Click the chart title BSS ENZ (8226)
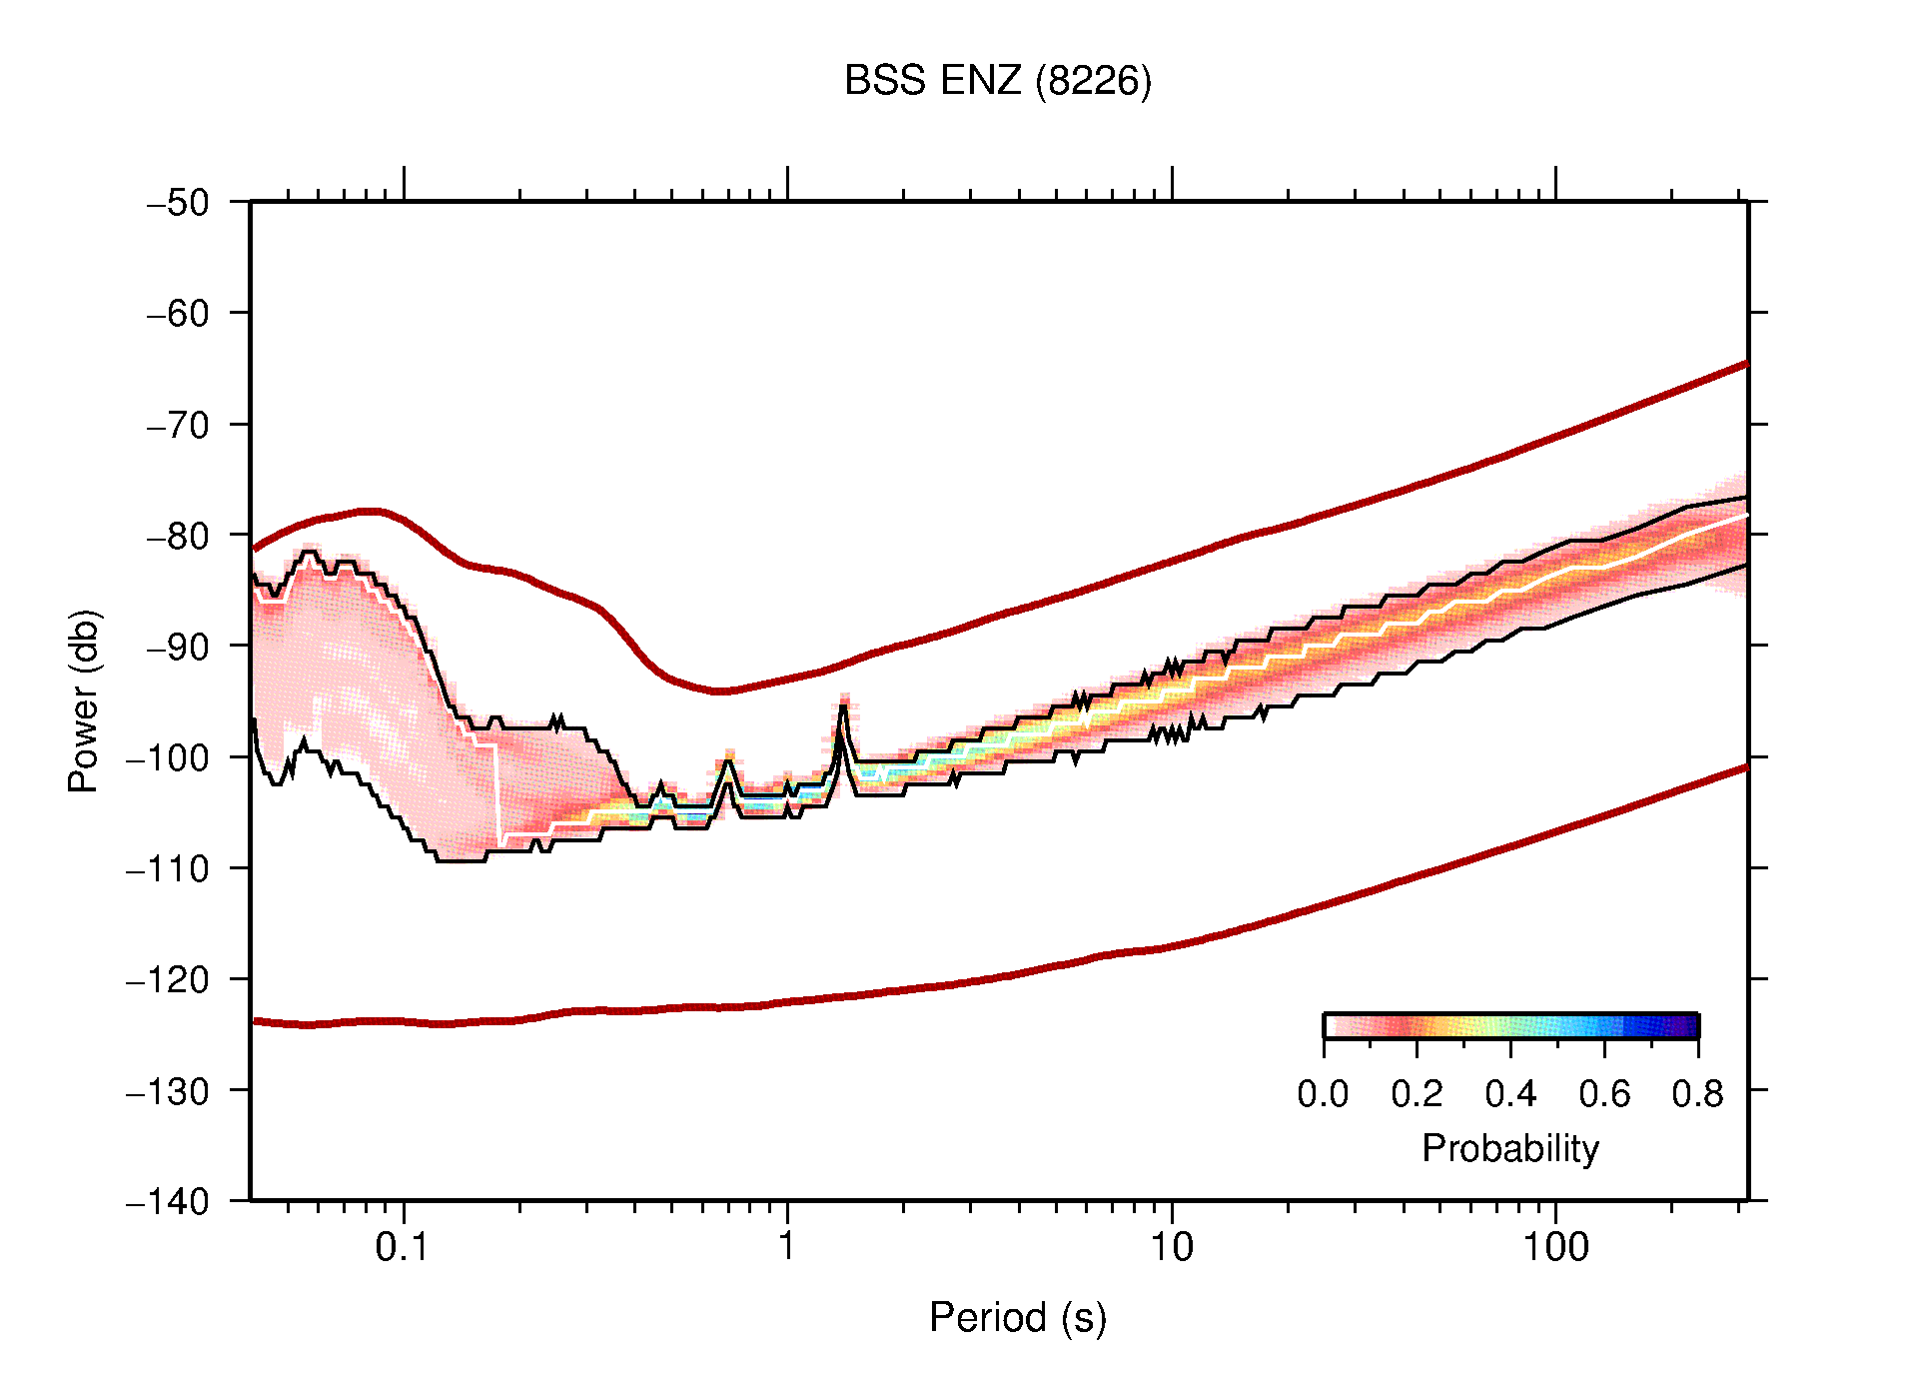(997, 81)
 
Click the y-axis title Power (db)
(84, 700)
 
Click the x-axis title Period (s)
(1017, 1318)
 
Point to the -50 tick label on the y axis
(178, 203)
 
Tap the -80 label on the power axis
(178, 536)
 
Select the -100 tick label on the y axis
(168, 757)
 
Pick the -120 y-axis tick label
(168, 979)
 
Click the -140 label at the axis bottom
(168, 1201)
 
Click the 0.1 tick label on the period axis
(403, 1247)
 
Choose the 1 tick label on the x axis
(787, 1247)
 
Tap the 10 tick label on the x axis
(1171, 1247)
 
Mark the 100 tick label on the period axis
(1555, 1247)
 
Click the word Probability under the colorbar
(1509, 1149)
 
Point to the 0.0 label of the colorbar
(1323, 1095)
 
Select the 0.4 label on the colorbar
(1510, 1095)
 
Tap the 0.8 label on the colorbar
(1697, 1095)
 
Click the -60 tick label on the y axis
(178, 314)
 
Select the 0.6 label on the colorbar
(1604, 1095)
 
